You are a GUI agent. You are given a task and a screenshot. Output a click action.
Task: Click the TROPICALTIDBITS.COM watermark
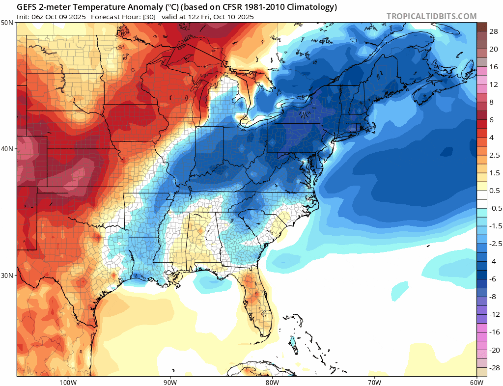click(x=431, y=16)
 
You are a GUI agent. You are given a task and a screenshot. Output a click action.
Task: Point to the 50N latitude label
click(x=7, y=23)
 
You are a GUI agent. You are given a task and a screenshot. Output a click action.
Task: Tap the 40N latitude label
click(x=7, y=149)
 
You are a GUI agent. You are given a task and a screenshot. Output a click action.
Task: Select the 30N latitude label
click(x=7, y=275)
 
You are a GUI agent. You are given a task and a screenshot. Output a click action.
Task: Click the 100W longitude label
click(x=67, y=382)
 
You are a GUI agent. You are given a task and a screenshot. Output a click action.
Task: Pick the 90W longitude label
click(x=169, y=382)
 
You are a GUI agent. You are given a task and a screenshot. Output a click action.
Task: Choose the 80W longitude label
click(x=272, y=382)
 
